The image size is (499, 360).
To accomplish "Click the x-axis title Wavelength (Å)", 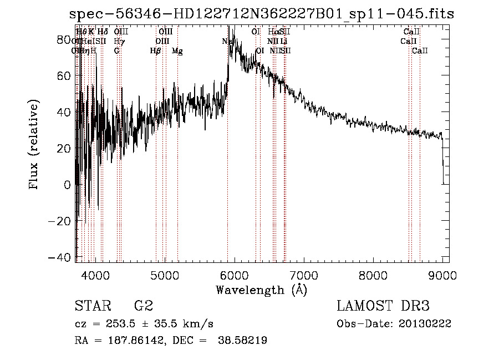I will click(261, 290).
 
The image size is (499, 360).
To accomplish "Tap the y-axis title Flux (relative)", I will click(34, 145).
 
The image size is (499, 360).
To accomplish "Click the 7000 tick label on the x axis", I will click(304, 275).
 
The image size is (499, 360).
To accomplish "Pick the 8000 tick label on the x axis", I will click(373, 275).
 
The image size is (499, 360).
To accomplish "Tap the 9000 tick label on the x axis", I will click(442, 275).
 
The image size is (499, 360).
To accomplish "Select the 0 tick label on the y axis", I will click(68, 185).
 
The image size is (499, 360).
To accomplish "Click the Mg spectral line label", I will click(177, 51).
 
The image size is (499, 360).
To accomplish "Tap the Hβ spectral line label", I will click(155, 51).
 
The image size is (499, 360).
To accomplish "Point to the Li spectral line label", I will click(284, 42).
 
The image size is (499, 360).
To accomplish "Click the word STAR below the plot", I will click(90, 306).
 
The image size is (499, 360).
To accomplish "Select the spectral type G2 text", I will click(143, 306).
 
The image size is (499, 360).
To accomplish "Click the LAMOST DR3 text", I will click(383, 306).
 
